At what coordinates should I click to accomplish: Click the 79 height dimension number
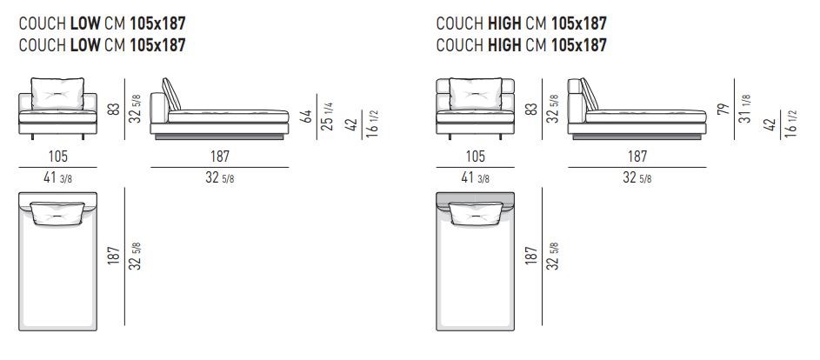723,109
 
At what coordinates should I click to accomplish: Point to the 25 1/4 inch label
327,117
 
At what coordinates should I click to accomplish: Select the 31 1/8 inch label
744,109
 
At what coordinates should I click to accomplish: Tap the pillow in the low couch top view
57,214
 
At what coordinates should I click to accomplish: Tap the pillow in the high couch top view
476,214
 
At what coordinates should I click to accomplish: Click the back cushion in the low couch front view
57,94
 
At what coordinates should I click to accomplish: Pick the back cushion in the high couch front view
476,94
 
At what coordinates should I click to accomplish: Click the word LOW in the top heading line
84,23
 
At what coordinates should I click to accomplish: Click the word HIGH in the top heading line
504,23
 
